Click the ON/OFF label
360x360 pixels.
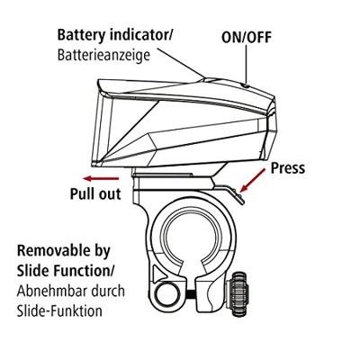pos(247,38)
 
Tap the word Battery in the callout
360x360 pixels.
pos(82,35)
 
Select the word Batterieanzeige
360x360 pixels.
pos(103,56)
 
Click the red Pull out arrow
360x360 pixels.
pos(101,179)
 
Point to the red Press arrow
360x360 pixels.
pos(253,180)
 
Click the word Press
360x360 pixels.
pos(288,168)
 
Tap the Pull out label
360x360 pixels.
pos(95,193)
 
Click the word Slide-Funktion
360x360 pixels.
pos(59,310)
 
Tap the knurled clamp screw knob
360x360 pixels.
pos(239,293)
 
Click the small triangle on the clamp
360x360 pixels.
pos(159,273)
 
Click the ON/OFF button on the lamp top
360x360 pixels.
pos(245,85)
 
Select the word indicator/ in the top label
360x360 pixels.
pos(141,35)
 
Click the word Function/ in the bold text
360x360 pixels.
pos(82,271)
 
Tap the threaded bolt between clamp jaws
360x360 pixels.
pos(191,293)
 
